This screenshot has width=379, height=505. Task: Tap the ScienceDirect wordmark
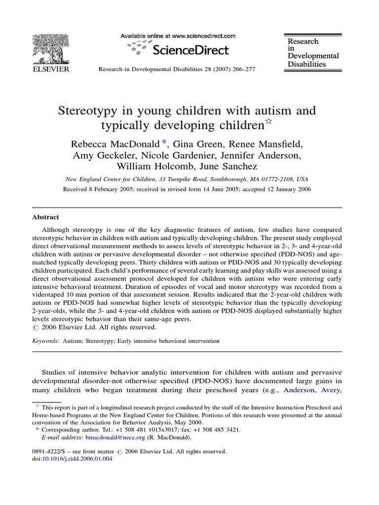point(191,49)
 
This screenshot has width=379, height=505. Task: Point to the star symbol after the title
point(268,122)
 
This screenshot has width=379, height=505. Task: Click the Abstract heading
point(45,216)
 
